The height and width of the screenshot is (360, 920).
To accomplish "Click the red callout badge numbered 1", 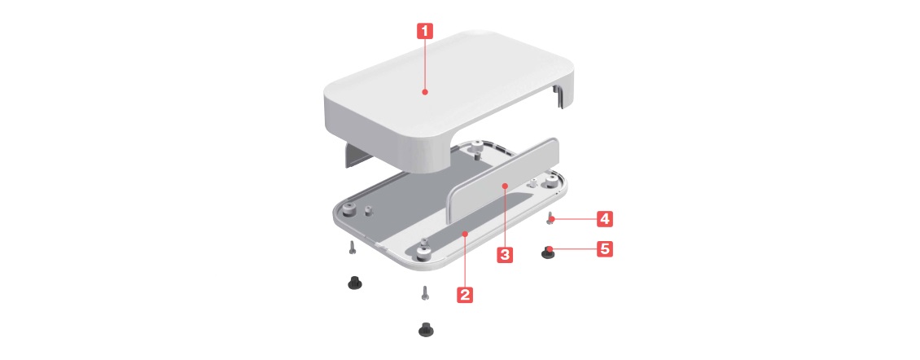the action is click(425, 31).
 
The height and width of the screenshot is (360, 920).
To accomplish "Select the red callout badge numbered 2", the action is click(465, 294).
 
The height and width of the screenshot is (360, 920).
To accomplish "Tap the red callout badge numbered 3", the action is click(505, 254).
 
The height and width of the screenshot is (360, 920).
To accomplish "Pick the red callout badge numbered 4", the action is click(605, 220).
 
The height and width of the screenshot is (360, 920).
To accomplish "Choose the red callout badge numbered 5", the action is click(605, 249).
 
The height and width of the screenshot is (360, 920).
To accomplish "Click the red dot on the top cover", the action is click(425, 91).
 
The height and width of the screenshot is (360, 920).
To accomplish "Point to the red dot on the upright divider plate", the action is click(505, 186).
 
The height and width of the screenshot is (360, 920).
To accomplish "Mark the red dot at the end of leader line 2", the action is click(465, 234).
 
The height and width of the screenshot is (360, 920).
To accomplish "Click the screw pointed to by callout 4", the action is click(550, 218).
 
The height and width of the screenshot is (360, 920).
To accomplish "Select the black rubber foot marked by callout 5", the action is click(548, 253).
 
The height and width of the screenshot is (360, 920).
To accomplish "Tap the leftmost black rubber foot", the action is click(354, 282).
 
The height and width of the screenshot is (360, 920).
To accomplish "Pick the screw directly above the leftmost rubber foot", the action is click(351, 248).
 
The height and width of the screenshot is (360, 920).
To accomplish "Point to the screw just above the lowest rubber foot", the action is click(425, 292).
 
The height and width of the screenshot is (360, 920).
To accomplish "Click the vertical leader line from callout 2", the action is click(465, 260).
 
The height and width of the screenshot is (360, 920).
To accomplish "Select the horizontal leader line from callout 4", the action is click(575, 220).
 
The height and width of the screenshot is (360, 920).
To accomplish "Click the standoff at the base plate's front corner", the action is click(423, 252).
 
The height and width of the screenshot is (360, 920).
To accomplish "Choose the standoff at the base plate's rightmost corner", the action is click(550, 182).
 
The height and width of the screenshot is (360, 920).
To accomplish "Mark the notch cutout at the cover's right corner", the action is click(562, 96).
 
